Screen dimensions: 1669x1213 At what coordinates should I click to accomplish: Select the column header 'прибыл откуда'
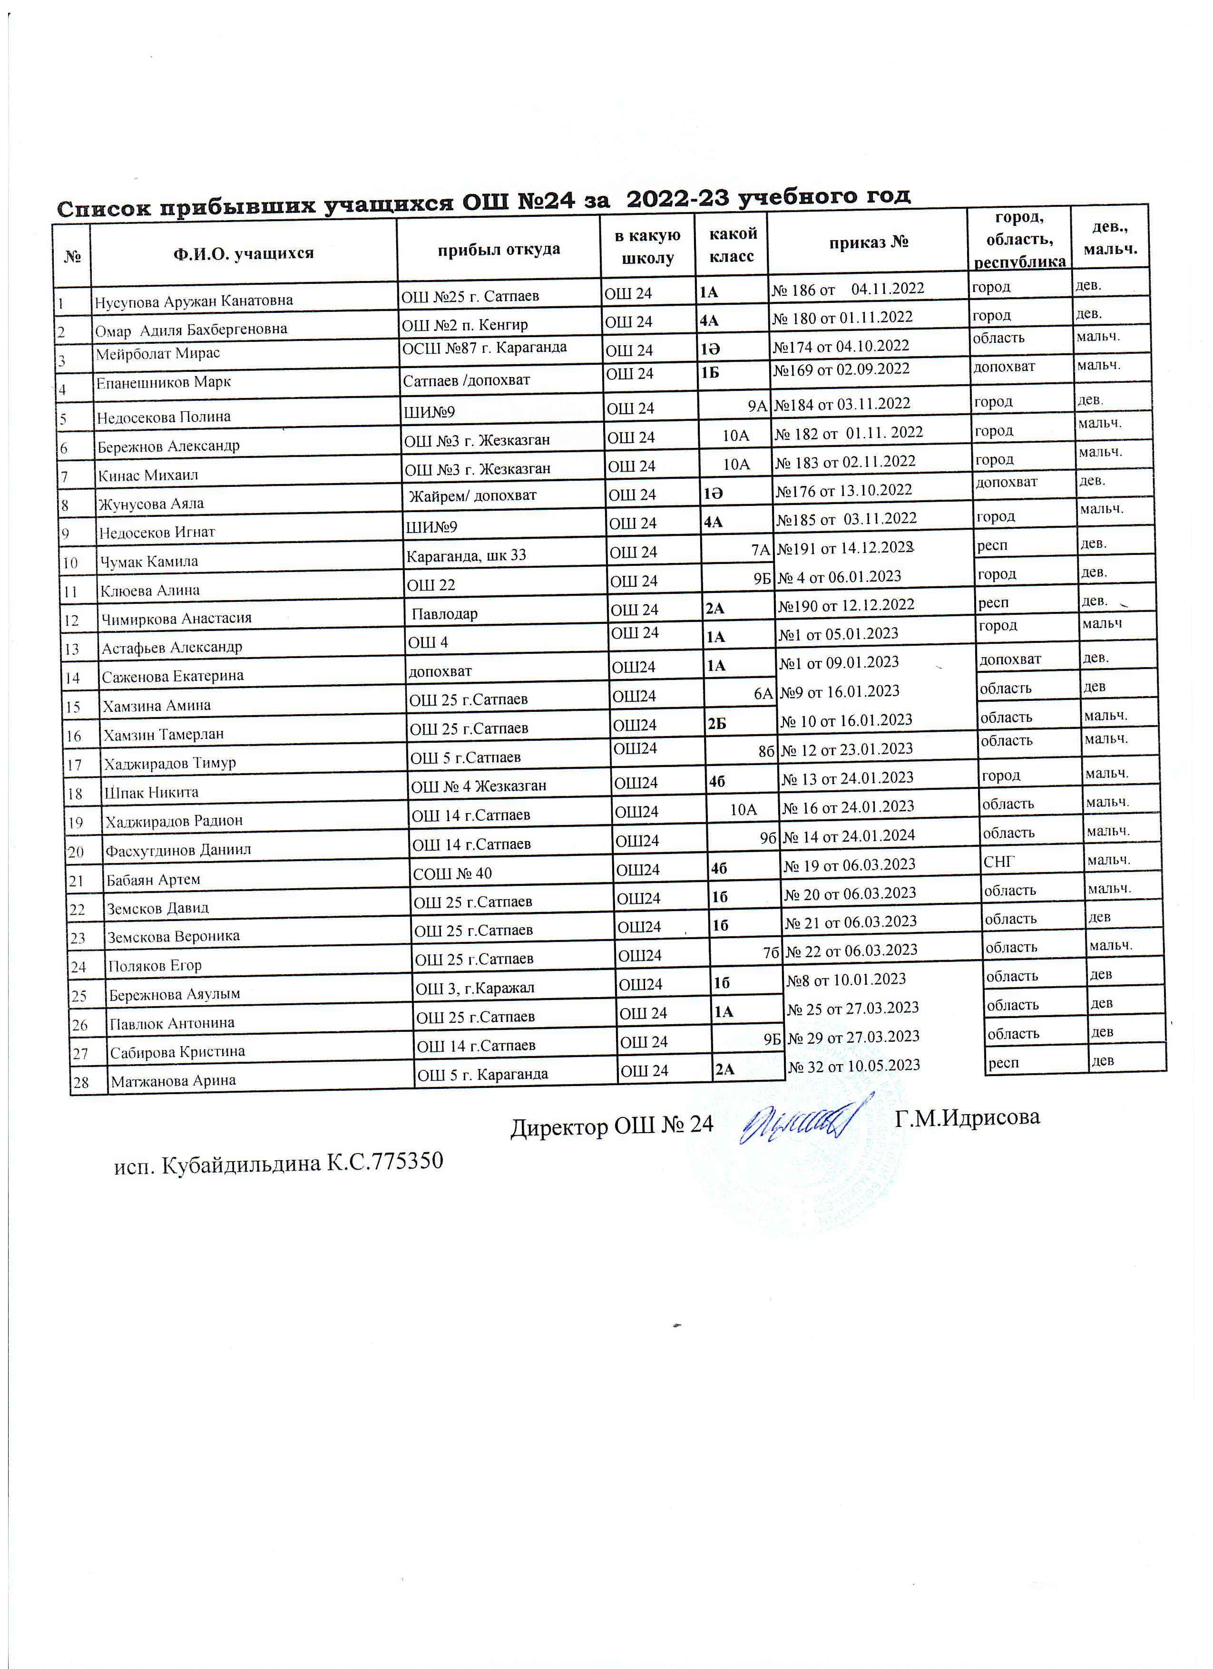coord(499,250)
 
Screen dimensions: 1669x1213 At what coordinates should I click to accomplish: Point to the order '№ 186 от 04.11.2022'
coord(847,289)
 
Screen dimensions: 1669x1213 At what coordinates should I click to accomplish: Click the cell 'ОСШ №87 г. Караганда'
coord(484,348)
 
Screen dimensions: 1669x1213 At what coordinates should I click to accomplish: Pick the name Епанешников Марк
coord(164,382)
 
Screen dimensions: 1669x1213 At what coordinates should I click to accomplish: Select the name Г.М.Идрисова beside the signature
coord(967,1117)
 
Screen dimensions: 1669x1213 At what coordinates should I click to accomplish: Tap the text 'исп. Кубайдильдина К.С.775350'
coord(279,1163)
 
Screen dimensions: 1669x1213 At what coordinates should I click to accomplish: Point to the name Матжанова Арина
coord(173,1081)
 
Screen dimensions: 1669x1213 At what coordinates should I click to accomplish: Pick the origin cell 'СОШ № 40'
coord(452,873)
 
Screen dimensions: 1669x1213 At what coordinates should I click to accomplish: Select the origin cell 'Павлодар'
coord(445,614)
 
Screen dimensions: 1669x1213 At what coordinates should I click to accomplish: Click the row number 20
coord(75,852)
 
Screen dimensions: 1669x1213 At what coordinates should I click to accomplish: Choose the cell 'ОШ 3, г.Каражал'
coord(475,988)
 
